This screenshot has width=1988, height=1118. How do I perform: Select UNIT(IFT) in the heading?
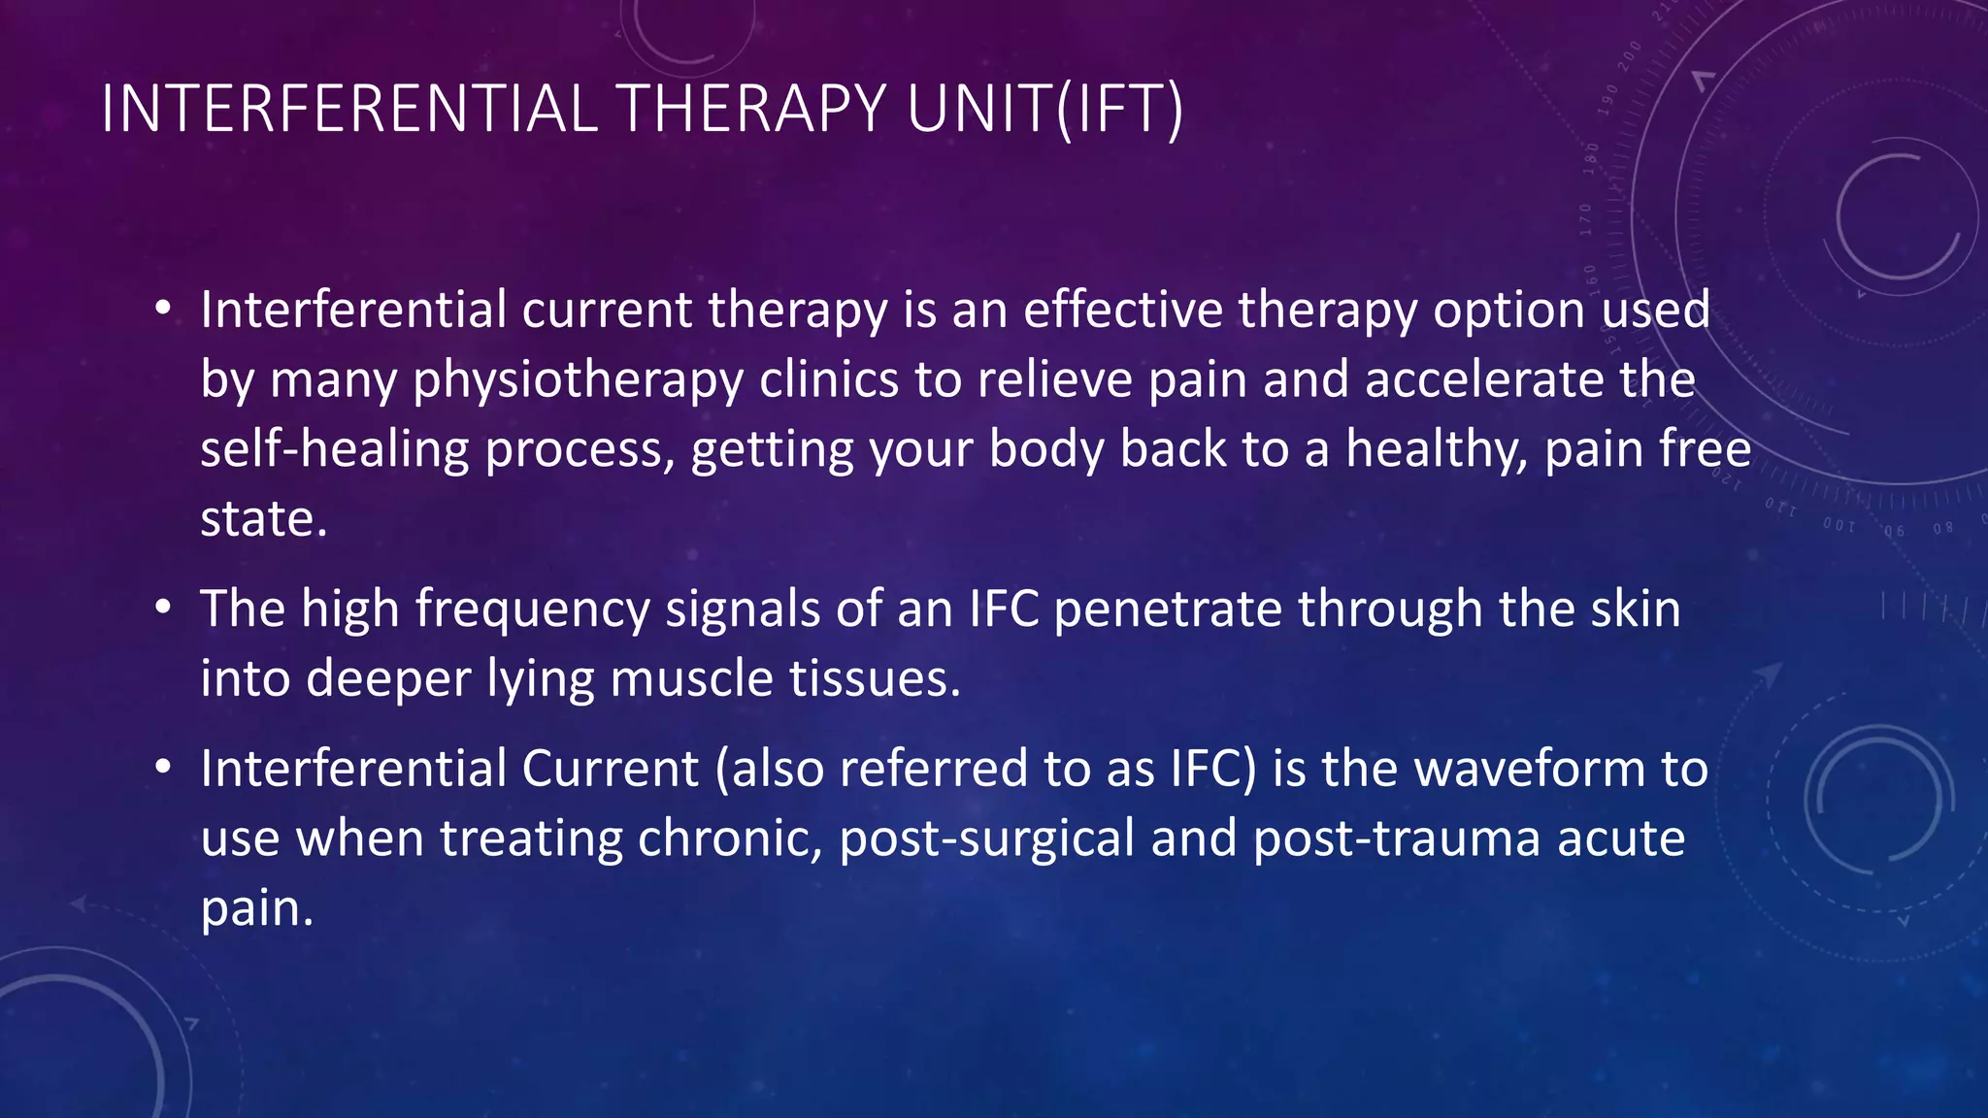point(1044,109)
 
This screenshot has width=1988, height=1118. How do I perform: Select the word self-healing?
point(335,449)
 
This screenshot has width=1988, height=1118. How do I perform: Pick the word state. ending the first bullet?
point(263,519)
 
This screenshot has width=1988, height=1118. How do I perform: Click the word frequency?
point(532,610)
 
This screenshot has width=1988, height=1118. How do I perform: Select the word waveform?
point(1530,770)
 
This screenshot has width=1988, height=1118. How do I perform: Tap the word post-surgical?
point(986,839)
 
